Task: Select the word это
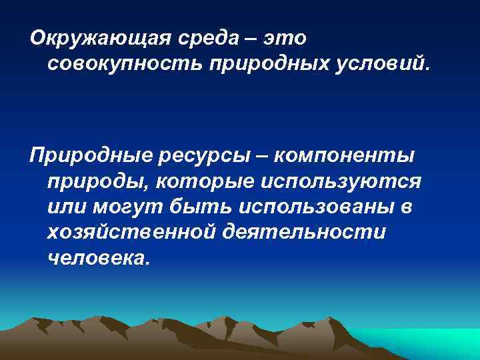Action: (x=285, y=38)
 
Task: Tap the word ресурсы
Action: (x=201, y=155)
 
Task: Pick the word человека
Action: (x=95, y=258)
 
